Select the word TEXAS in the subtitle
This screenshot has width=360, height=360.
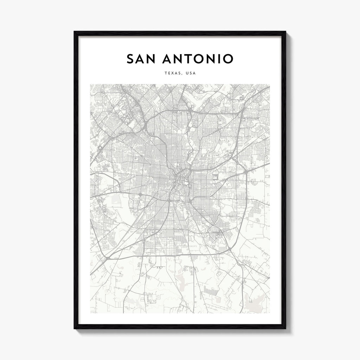(172, 73)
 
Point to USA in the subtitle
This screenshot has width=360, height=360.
(191, 73)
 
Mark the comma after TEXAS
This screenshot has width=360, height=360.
(182, 75)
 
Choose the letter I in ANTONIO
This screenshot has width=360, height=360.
(218, 59)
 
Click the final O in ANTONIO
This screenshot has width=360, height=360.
(227, 59)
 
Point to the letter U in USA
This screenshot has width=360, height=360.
(187, 73)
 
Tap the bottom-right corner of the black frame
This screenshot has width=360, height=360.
(285, 328)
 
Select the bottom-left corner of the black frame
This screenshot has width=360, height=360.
(75, 328)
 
